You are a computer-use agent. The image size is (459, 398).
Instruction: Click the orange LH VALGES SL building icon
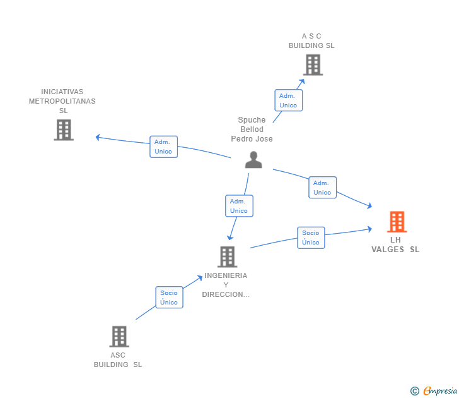point(397,222)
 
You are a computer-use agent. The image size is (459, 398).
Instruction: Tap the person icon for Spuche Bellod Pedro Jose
point(253,160)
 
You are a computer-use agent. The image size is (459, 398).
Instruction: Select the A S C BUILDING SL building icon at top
point(313,65)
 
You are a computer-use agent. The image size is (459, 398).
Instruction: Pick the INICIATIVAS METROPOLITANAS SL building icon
point(64,130)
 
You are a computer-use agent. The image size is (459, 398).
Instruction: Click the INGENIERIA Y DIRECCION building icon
point(227,256)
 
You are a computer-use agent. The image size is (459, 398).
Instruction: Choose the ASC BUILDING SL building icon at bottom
point(119,337)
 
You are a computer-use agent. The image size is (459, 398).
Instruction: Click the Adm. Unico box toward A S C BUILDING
point(288,100)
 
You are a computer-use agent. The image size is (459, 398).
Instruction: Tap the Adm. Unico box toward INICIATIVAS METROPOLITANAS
point(163,147)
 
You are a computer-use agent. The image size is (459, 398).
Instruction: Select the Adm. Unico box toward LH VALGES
point(322,188)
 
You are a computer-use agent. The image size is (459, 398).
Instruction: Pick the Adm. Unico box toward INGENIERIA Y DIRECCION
point(239,206)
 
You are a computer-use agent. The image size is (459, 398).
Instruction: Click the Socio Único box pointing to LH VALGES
point(311,238)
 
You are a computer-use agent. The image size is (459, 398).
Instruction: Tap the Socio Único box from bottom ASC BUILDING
point(169,297)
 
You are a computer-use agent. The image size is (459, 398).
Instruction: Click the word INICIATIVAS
point(62,92)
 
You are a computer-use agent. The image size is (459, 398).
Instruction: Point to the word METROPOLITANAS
point(62,101)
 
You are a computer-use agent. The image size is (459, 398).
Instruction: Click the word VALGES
point(388,250)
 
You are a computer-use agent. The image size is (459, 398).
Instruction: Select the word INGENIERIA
point(226,275)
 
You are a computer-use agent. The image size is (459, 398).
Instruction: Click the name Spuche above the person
point(252,120)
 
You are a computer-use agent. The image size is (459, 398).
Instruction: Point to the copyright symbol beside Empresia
point(414,391)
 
